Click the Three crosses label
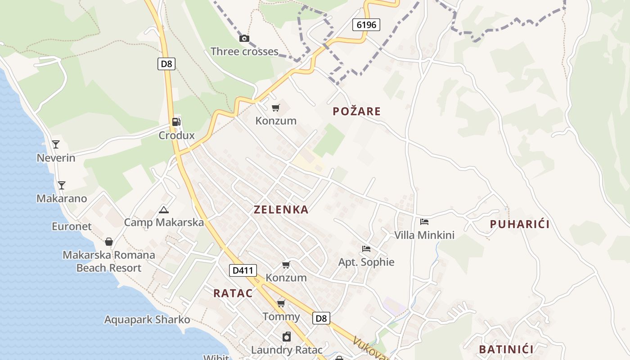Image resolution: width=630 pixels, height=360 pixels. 244,52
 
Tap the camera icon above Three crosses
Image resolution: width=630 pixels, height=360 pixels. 244,39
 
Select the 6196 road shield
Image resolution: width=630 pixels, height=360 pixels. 366,25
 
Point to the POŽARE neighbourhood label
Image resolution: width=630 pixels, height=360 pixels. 357,111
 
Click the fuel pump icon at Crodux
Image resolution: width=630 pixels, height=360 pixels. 176,121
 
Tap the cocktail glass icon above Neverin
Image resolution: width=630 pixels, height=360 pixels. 56,144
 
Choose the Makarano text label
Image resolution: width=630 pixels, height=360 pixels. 62,198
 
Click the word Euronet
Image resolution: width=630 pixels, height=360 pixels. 72,226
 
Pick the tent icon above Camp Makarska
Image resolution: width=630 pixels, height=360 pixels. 164,210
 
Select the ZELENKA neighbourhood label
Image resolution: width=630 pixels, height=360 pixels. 281,210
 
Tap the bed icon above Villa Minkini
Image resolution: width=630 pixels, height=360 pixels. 424,222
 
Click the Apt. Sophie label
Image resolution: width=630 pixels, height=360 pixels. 366,262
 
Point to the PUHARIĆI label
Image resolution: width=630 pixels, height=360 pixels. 520,224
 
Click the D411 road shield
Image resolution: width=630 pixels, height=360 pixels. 243,270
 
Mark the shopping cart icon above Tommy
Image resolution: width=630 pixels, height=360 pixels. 281,304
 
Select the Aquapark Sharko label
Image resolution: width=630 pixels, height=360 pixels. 147,320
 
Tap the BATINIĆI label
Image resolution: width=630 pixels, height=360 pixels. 506,349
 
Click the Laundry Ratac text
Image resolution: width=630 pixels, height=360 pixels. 287,350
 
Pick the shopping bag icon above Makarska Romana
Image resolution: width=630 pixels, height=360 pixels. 108,242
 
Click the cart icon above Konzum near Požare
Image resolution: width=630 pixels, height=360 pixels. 276,108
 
